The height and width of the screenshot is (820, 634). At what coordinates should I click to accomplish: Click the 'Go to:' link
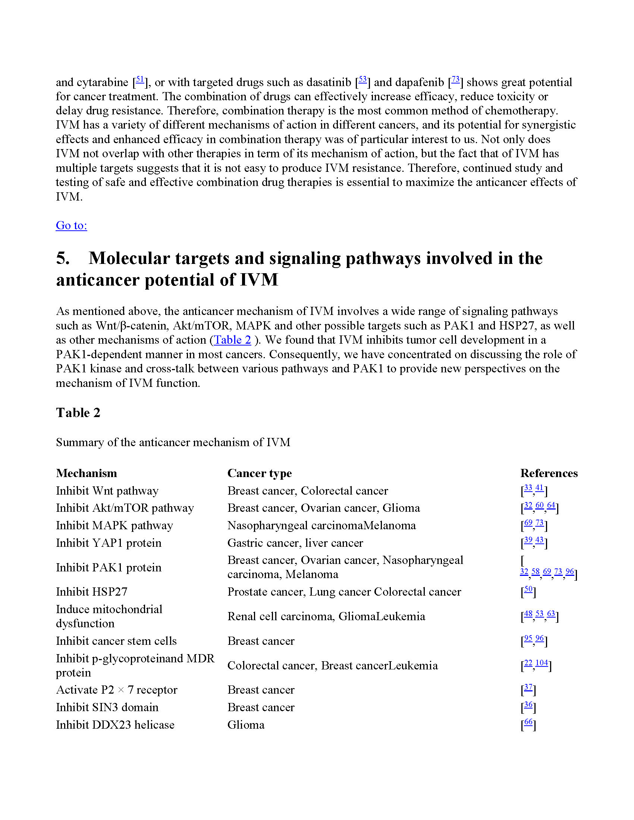tap(71, 225)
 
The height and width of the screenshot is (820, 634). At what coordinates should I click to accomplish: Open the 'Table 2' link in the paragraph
tap(232, 340)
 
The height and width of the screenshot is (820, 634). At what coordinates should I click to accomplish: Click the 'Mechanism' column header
tap(87, 473)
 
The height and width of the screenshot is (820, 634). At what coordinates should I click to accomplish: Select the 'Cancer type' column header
tap(260, 473)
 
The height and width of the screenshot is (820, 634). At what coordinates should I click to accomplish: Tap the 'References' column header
tap(549, 473)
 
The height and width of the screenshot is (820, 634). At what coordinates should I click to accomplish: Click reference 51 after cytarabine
tap(140, 80)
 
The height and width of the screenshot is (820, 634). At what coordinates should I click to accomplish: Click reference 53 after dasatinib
tap(362, 80)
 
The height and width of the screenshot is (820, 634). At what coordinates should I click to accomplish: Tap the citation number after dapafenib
tap(455, 80)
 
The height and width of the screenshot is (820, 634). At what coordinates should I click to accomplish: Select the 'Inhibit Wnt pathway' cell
tap(107, 491)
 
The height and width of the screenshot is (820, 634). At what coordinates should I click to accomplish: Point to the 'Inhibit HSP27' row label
tap(92, 592)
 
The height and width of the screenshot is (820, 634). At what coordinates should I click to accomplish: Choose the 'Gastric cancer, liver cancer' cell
tap(295, 543)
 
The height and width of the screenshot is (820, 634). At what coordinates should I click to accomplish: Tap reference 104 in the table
tap(541, 663)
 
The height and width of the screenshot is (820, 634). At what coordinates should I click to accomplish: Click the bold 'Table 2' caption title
tap(78, 413)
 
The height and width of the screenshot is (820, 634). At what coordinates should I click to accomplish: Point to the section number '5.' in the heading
tap(63, 258)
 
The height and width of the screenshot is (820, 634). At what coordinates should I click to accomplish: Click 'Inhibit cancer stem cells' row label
tap(116, 641)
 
